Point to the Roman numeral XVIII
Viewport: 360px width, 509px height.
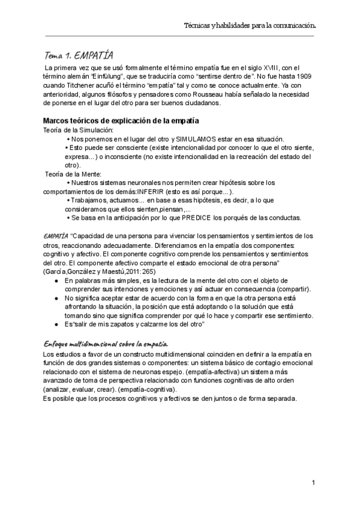click(x=272, y=68)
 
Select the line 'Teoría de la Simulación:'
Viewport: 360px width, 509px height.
click(x=74, y=130)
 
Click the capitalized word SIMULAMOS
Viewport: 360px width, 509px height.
click(x=198, y=139)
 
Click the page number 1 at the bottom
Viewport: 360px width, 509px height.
click(x=314, y=483)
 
